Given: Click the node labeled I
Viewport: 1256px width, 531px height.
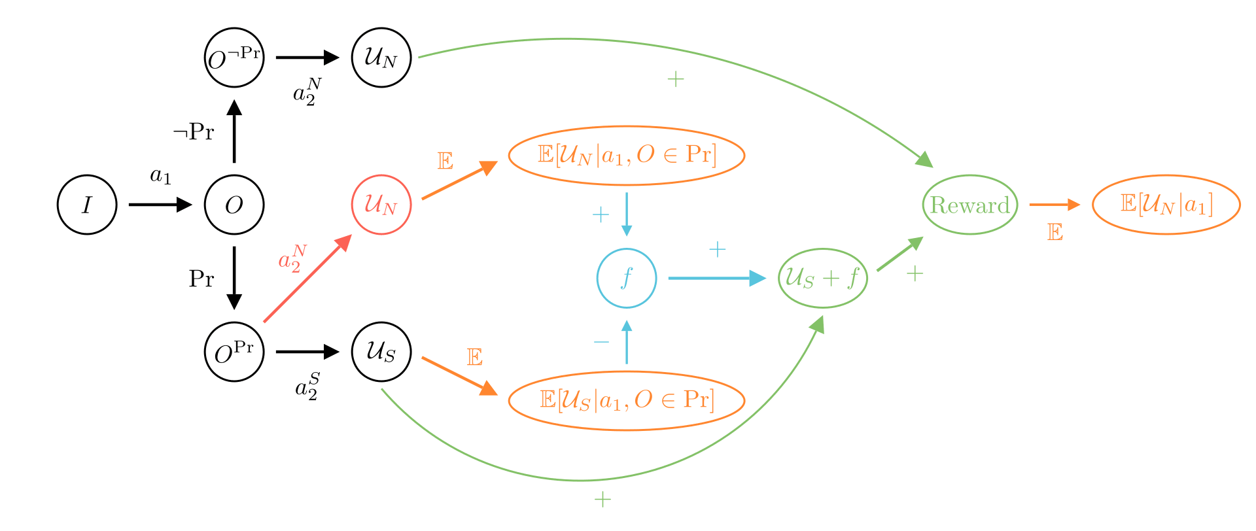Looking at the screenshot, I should point(87,205).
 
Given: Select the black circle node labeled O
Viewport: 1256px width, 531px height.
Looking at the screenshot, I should point(234,205).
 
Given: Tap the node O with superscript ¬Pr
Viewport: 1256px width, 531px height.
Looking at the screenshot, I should point(234,58).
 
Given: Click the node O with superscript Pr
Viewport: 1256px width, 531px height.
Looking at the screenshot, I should point(234,352).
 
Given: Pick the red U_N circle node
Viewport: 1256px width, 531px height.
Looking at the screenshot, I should point(381,205).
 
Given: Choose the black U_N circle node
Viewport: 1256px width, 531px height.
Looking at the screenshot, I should point(381,58).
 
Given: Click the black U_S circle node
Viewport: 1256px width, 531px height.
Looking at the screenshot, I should point(381,352).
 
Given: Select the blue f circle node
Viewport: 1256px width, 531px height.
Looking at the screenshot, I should point(627,278).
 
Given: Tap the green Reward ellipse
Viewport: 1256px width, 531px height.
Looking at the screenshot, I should point(970,205).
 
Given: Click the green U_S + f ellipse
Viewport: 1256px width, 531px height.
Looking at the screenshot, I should point(823,278).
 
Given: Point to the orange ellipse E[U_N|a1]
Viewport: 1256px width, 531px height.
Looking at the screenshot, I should point(1166,205).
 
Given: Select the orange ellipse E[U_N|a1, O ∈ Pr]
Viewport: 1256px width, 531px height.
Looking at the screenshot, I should point(627,156).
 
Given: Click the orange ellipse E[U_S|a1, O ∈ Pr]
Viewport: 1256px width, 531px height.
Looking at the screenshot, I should point(627,400).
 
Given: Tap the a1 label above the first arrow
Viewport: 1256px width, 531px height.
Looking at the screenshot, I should point(160,176).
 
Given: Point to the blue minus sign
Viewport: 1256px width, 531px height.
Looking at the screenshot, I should point(601,342).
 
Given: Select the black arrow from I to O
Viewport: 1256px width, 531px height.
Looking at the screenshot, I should point(160,205).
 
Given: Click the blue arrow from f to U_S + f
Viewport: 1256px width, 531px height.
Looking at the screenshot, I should point(716,278).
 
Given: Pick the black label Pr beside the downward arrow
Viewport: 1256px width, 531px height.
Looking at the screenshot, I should point(201,279).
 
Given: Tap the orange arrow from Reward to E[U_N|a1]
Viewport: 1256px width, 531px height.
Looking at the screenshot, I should point(1054,205).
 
